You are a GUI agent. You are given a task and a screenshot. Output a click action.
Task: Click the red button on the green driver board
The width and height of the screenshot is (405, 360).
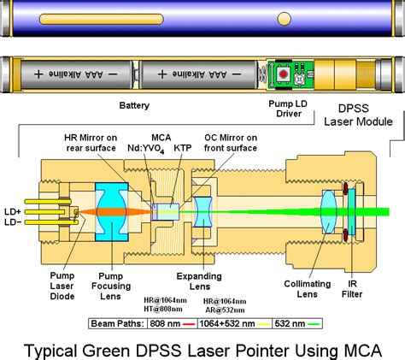pyautogui.click(x=283, y=74)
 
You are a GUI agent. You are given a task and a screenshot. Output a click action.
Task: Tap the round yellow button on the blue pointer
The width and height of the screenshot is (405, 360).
pyautogui.click(x=284, y=19)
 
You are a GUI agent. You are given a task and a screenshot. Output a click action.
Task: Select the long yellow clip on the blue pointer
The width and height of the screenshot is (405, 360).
pyautogui.click(x=102, y=19)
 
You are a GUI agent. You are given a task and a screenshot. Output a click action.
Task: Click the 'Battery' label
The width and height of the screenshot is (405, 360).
pyautogui.click(x=134, y=105)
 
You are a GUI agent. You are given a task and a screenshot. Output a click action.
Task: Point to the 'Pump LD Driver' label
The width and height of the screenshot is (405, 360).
pyautogui.click(x=288, y=109)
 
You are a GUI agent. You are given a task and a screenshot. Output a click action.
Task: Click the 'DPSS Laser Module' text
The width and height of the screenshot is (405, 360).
pyautogui.click(x=358, y=115)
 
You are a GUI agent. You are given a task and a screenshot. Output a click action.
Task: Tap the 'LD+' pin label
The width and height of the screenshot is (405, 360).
pyautogui.click(x=13, y=212)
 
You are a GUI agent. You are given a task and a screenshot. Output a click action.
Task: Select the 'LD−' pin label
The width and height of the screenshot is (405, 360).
pyautogui.click(x=13, y=222)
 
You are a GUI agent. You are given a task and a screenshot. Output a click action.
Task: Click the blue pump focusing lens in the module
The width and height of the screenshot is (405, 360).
pyautogui.click(x=112, y=212)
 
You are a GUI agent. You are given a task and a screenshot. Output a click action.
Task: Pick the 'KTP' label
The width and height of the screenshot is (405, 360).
pyautogui.click(x=183, y=148)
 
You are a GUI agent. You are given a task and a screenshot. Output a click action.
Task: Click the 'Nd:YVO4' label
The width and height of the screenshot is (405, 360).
pyautogui.click(x=146, y=149)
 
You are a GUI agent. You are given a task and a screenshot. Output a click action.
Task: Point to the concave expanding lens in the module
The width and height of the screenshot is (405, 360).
pyautogui.click(x=202, y=212)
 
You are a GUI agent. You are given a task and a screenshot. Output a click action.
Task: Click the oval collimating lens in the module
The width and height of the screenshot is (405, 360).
pyautogui.click(x=328, y=212)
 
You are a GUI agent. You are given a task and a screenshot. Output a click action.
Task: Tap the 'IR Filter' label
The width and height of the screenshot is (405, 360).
pyautogui.click(x=352, y=289)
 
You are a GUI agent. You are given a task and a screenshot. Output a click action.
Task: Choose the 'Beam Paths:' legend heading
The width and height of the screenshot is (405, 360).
pyautogui.click(x=118, y=324)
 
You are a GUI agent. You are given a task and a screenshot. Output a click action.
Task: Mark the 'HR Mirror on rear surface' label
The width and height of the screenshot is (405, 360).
pyautogui.click(x=91, y=143)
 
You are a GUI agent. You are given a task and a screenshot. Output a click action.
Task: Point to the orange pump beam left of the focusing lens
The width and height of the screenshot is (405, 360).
pyautogui.click(x=87, y=212)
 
